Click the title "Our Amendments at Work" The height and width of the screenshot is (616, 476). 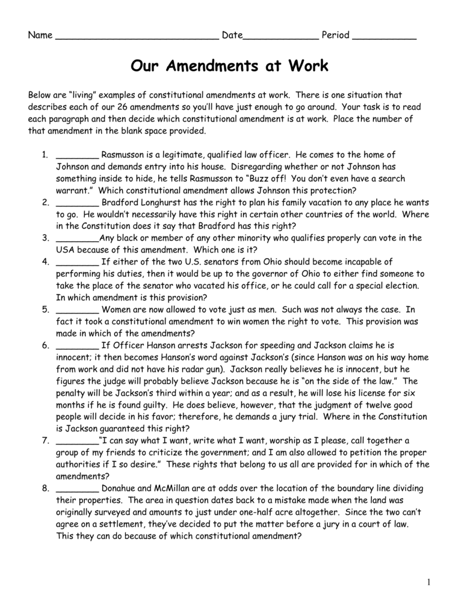229,66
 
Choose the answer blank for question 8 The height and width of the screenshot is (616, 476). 77,489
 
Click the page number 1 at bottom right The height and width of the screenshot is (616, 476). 430,582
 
